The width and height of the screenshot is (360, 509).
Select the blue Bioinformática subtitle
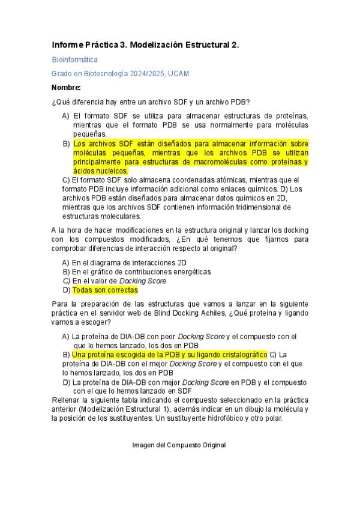coord(75,59)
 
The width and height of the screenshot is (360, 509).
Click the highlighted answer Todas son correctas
coord(105,290)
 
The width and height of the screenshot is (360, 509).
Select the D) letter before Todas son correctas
coord(67,290)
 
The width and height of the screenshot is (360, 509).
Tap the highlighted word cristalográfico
coord(238,355)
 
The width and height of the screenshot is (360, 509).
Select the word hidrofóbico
coord(217,418)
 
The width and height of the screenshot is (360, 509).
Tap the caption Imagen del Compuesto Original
coord(179,445)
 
